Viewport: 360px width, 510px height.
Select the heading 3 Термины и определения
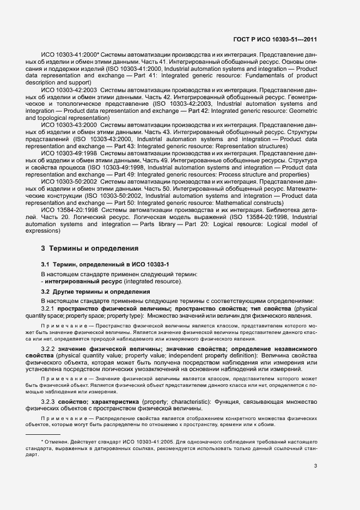[x=90, y=248]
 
